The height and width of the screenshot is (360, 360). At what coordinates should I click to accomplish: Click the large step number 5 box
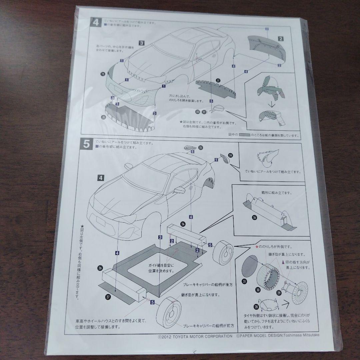pyautogui.click(x=86, y=145)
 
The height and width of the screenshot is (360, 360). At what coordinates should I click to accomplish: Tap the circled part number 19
pyautogui.click(x=102, y=74)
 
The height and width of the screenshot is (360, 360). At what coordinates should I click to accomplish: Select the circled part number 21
pyautogui.click(x=218, y=80)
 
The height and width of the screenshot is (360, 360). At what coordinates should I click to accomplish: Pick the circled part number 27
pyautogui.click(x=107, y=296)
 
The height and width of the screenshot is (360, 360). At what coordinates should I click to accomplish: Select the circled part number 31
pyautogui.click(x=244, y=281)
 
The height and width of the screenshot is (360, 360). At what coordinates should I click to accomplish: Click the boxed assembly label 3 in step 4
pyautogui.click(x=141, y=43)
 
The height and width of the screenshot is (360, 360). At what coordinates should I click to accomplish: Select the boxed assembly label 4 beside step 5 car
pyautogui.click(x=100, y=177)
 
